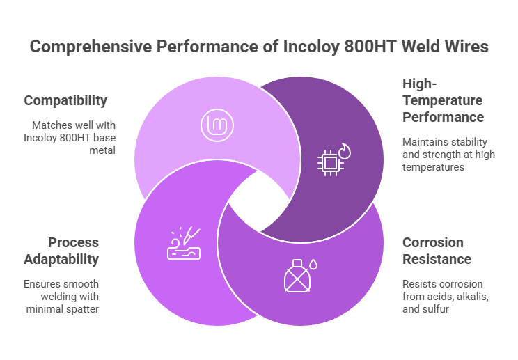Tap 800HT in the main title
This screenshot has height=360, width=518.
pos(367,47)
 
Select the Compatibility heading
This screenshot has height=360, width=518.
pos(65,100)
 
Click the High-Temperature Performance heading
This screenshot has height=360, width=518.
pos(443,100)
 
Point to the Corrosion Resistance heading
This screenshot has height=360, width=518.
pos(437,251)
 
